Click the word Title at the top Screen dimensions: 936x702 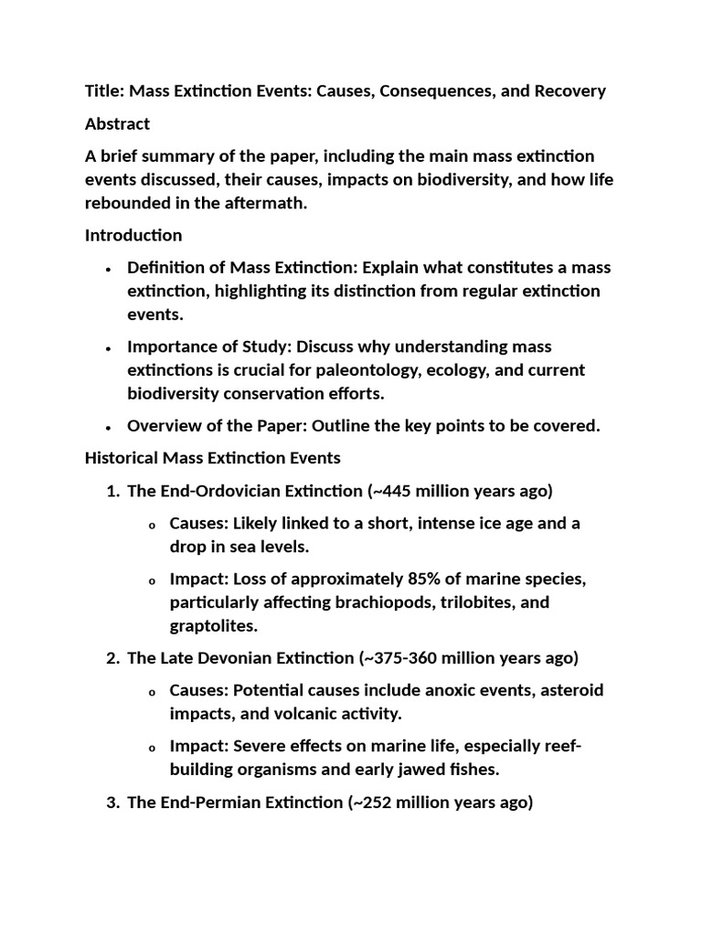102,91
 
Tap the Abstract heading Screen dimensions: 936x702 117,123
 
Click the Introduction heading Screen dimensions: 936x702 133,235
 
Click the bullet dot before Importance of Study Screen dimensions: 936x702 109,348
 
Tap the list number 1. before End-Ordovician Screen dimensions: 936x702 113,491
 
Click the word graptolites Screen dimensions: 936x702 211,626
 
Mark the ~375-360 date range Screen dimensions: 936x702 399,657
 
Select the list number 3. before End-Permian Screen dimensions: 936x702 113,803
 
